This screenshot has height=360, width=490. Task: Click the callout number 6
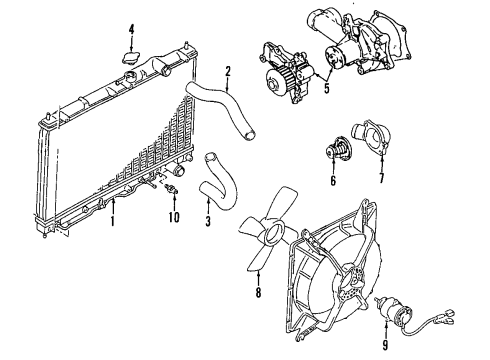[x=332, y=182]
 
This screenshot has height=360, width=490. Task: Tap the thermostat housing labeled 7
[x=373, y=145]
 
